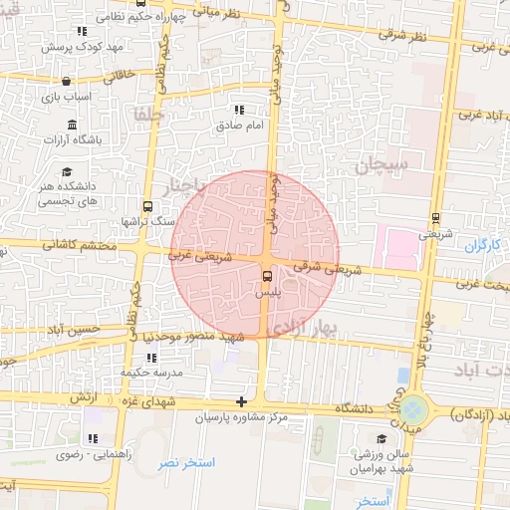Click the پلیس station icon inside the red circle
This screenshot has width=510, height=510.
pyautogui.click(x=266, y=276)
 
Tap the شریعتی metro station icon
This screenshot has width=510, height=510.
pyautogui.click(x=435, y=218)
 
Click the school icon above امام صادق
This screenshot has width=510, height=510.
pyautogui.click(x=238, y=111)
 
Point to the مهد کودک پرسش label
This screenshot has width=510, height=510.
pyautogui.click(x=82, y=47)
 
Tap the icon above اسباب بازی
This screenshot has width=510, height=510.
pyautogui.click(x=66, y=82)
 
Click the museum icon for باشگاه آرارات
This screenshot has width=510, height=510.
pyautogui.click(x=72, y=125)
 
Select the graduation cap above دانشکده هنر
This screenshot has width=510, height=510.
pyautogui.click(x=66, y=170)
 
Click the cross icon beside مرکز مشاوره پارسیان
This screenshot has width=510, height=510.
pyautogui.click(x=240, y=401)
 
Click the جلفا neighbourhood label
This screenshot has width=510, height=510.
pyautogui.click(x=149, y=116)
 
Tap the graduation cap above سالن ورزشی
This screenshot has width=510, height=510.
pyautogui.click(x=381, y=438)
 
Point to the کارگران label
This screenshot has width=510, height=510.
pyautogui.click(x=480, y=244)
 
